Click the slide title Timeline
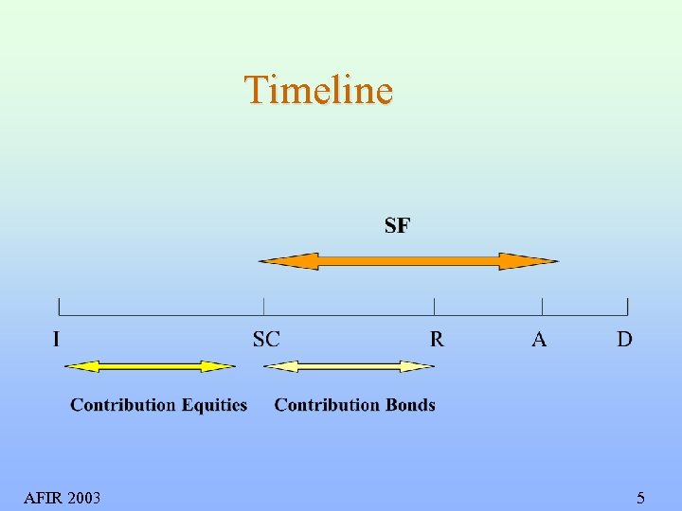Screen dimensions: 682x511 click(x=318, y=90)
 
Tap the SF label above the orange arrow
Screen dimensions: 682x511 click(x=397, y=225)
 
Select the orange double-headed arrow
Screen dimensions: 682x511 click(x=408, y=261)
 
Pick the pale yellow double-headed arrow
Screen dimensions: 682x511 click(x=354, y=365)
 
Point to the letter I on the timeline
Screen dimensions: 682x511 click(x=57, y=339)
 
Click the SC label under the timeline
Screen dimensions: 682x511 click(x=266, y=339)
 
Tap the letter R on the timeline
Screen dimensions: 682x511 click(x=436, y=339)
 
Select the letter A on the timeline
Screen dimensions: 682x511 click(x=539, y=339)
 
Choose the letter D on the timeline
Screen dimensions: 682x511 click(x=624, y=339)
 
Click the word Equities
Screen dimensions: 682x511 click(x=214, y=405)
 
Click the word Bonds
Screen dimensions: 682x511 click(x=410, y=405)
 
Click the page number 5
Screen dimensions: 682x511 click(x=640, y=498)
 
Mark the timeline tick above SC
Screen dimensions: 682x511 click(x=263, y=306)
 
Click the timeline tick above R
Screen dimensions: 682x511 click(x=435, y=306)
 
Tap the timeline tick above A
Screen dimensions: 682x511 click(x=542, y=306)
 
